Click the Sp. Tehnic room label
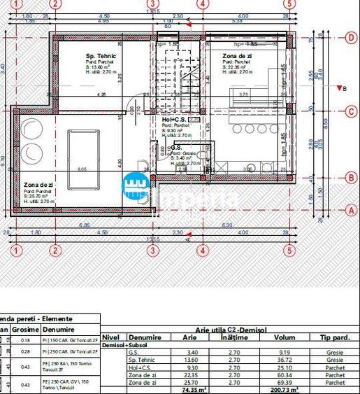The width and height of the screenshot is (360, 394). (x=101, y=56)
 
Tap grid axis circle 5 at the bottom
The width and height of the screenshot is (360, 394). (x=288, y=250)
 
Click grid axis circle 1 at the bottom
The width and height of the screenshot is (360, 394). (x=17, y=250)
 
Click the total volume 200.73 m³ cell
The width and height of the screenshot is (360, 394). (x=284, y=390)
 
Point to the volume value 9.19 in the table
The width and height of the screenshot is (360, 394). (x=284, y=352)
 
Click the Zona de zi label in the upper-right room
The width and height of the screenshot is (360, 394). (x=237, y=56)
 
